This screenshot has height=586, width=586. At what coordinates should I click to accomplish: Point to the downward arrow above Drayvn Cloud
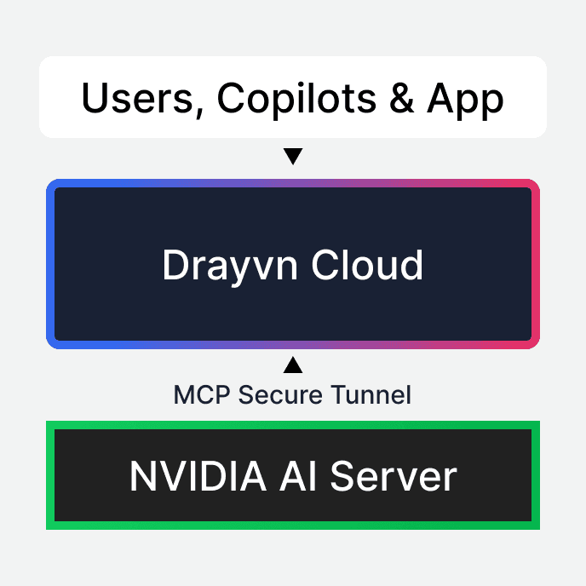click(x=293, y=157)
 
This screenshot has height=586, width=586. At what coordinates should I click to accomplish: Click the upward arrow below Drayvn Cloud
click(x=293, y=365)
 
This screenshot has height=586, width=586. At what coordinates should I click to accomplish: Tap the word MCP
click(x=202, y=395)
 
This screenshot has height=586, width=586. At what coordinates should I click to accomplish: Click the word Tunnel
click(x=370, y=395)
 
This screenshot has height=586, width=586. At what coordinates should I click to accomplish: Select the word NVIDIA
click(x=187, y=475)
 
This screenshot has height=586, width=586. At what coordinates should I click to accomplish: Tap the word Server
click(x=393, y=475)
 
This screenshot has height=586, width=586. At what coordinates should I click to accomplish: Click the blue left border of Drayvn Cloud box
click(x=51, y=264)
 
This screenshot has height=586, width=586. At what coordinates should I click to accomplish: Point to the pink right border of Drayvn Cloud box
click(x=535, y=264)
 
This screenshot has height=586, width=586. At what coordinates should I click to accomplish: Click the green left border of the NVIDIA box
click(x=50, y=474)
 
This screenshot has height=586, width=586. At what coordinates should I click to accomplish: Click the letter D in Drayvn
click(x=173, y=266)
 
